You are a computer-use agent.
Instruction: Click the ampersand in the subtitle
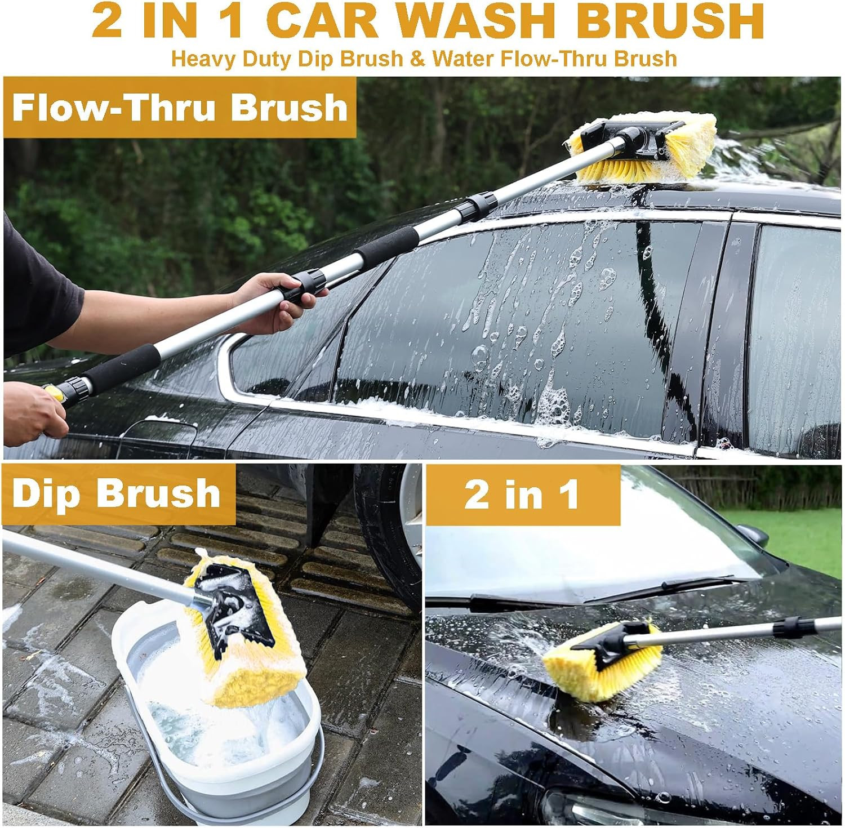click(x=418, y=58)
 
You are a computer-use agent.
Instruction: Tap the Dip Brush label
click(x=117, y=494)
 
